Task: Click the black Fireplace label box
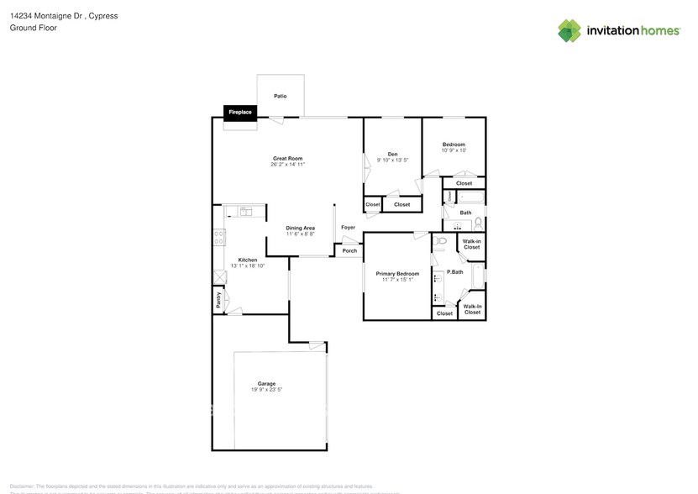240,112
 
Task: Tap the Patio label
281,96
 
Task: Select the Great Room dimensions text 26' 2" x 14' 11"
287,165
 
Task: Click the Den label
392,154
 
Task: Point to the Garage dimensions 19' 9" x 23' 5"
266,390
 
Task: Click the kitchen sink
244,212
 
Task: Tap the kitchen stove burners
218,237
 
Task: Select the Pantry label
218,301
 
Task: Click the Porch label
349,250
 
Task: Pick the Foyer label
348,227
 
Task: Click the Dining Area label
300,228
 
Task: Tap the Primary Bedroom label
396,274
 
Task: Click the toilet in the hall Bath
477,223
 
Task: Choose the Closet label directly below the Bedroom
464,183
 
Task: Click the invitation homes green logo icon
570,30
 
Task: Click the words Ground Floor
29,28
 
